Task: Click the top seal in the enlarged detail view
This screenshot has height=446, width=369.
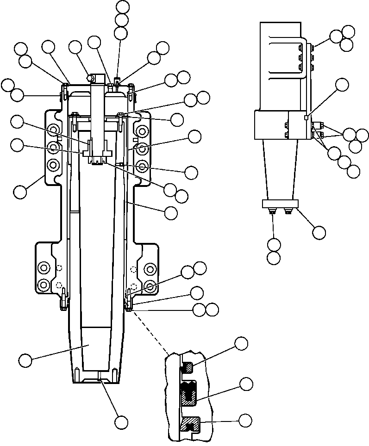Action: pyautogui.click(x=188, y=368)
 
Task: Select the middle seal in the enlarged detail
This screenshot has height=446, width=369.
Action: pyautogui.click(x=190, y=393)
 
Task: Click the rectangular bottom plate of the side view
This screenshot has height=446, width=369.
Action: pyautogui.click(x=281, y=204)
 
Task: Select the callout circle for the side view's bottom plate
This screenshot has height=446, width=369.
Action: pyautogui.click(x=319, y=232)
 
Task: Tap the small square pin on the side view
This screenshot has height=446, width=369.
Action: pyautogui.click(x=306, y=118)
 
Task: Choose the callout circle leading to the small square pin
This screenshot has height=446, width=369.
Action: pyautogui.click(x=342, y=84)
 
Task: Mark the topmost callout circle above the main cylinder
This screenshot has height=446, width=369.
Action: pyautogui.click(x=123, y=6)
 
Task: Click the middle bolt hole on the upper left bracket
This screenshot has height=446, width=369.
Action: pyautogui.click(x=54, y=148)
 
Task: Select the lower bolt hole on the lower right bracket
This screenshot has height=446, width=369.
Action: pyautogui.click(x=150, y=284)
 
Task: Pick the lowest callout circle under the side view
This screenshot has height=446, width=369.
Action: pyautogui.click(x=274, y=257)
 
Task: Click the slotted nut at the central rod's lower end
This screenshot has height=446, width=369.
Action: pyautogui.click(x=97, y=160)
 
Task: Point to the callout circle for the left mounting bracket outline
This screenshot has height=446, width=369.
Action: pyautogui.click(x=20, y=192)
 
